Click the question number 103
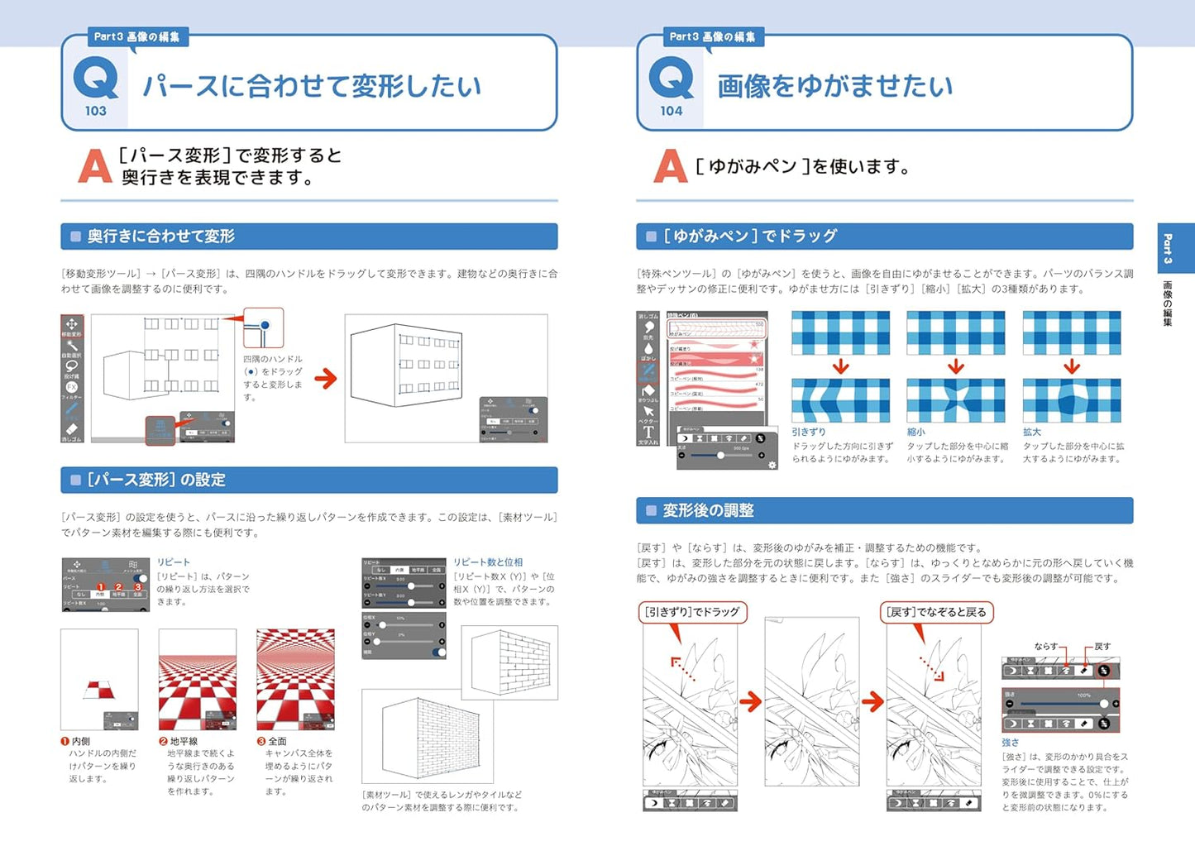click(95, 111)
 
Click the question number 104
click(671, 111)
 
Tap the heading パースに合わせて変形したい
click(311, 86)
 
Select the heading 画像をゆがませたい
click(834, 86)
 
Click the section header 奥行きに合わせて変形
click(161, 237)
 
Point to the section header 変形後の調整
click(708, 510)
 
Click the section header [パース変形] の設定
click(156, 480)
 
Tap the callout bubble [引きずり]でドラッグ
click(692, 612)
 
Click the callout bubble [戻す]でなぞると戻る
click(936, 612)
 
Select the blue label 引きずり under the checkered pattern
click(808, 432)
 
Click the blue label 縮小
click(915, 432)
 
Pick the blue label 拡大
click(1031, 432)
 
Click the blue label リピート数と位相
click(488, 562)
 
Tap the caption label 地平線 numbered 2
click(184, 742)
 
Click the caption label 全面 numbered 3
click(277, 742)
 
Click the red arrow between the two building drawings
click(326, 379)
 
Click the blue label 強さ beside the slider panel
click(1010, 743)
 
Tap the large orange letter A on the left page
click(94, 166)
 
